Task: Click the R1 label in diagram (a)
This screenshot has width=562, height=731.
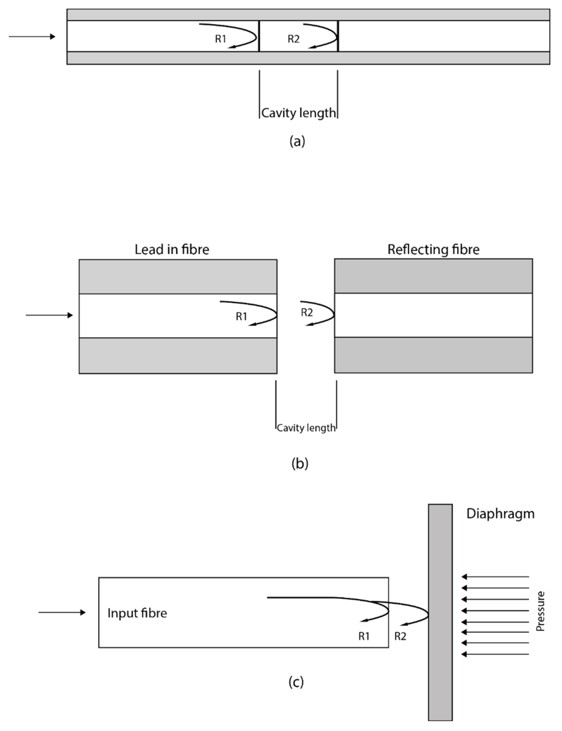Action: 220,39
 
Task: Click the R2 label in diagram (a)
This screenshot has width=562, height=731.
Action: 293,39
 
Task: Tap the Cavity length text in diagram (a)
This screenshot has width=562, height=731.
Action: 298,113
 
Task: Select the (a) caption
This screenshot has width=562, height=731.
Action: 297,141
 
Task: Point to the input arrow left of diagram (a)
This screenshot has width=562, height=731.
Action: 32,37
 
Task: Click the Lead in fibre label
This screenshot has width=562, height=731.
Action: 172,250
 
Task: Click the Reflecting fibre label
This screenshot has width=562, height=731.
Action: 433,250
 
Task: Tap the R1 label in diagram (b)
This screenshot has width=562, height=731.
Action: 241,316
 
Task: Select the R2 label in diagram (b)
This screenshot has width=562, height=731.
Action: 307,312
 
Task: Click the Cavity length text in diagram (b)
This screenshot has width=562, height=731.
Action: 306,428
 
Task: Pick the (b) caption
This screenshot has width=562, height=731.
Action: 300,463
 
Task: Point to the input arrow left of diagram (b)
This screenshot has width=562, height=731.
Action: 49,315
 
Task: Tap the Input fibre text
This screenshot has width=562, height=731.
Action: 137,613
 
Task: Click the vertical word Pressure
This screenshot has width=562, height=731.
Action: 540,611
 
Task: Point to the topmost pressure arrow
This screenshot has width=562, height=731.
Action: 495,577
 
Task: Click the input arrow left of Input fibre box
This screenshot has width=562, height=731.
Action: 62,612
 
